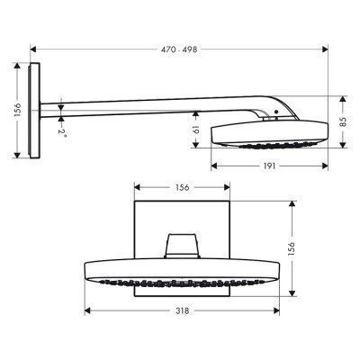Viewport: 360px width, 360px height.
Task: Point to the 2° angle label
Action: coord(64,130)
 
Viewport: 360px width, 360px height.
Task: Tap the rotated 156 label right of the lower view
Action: coord(301,247)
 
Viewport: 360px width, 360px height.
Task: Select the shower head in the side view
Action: coord(260,133)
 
